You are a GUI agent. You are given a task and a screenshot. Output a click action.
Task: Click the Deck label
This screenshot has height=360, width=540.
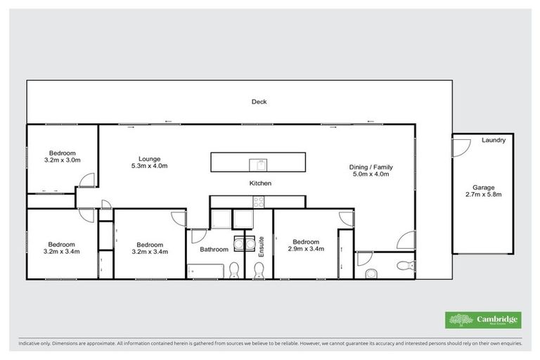point(259,102)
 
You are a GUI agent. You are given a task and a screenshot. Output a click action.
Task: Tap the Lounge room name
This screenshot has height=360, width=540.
point(149,158)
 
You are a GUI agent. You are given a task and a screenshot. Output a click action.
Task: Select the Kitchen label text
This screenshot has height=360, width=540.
point(260,184)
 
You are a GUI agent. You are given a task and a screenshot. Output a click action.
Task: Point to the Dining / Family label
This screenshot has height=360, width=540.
point(371,167)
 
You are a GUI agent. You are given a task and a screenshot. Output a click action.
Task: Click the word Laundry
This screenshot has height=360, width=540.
point(494,141)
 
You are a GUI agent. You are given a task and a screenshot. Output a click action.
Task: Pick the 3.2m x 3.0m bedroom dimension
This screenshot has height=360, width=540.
point(62,161)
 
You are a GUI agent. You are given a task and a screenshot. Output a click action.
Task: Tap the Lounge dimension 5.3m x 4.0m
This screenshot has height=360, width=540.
point(149,167)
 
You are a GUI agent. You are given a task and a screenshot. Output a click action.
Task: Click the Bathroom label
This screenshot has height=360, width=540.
point(214,250)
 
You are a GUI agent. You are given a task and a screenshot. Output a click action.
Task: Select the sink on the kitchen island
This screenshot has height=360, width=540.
point(259,165)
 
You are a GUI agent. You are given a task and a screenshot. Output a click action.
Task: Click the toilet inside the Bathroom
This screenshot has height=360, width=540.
point(234,269)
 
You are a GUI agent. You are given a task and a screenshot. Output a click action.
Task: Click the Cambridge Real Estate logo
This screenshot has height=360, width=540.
point(483,320)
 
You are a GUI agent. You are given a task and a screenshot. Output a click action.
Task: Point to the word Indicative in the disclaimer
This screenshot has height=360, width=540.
point(31,344)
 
